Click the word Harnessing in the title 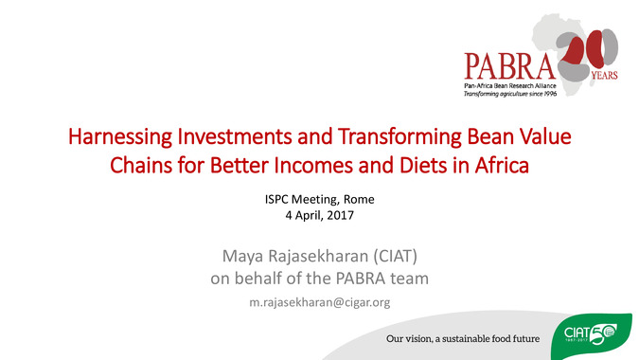(120, 137)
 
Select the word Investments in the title (235, 136)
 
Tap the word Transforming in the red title (399, 137)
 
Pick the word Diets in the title (423, 166)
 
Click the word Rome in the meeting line (359, 199)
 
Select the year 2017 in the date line (340, 215)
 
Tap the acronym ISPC (276, 199)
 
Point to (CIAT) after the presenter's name (396, 257)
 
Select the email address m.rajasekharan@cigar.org (320, 302)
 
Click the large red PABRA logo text (510, 65)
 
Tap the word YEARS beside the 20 (604, 76)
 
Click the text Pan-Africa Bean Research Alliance (510, 86)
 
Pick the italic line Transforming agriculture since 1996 (510, 94)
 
